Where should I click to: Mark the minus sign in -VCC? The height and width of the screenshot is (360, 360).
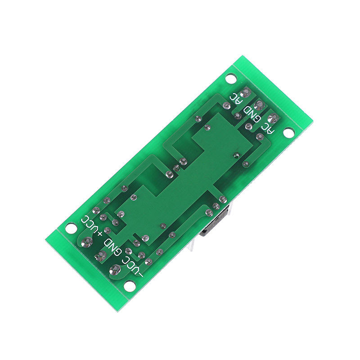[140, 272]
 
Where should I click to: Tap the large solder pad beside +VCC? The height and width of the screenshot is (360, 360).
[86, 242]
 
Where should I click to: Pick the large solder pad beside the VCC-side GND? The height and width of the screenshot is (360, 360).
[100, 256]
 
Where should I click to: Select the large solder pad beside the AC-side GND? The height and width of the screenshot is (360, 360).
[258, 106]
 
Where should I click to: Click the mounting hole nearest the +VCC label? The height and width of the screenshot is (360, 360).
[71, 228]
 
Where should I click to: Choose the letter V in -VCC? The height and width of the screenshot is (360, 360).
[136, 268]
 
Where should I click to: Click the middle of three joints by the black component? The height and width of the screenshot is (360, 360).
[216, 206]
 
